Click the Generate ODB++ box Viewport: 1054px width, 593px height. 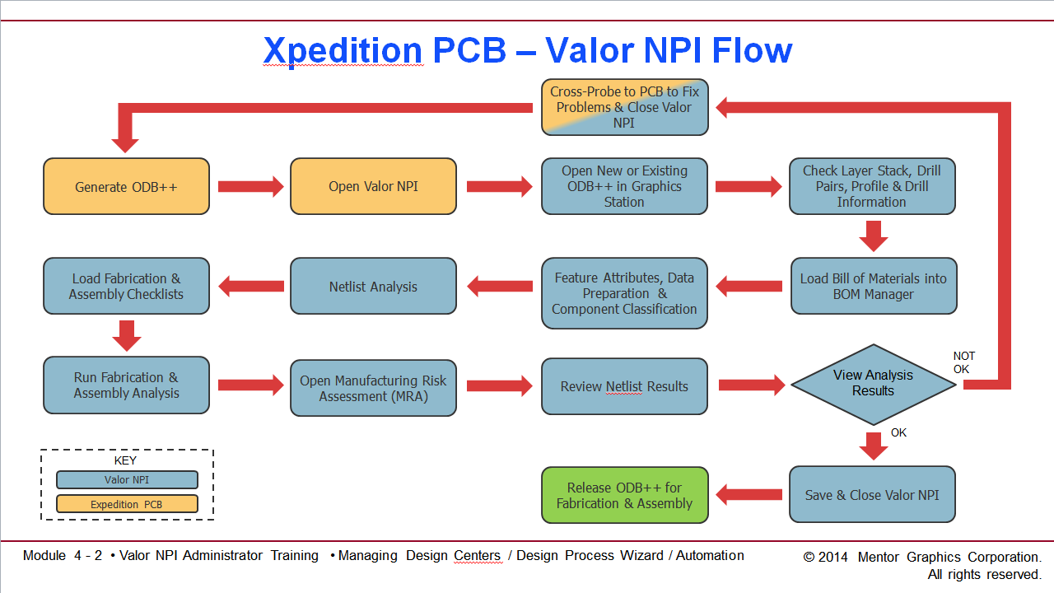(126, 187)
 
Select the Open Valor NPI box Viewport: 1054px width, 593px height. (373, 187)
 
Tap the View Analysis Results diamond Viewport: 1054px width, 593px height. (873, 383)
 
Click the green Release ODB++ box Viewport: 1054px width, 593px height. (624, 495)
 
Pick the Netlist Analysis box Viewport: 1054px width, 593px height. (373, 287)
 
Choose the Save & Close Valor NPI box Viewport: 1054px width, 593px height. (872, 495)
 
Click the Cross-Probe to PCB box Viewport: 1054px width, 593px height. (624, 107)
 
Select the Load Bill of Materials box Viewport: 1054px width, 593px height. (874, 287)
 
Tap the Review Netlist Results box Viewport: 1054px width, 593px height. (624, 386)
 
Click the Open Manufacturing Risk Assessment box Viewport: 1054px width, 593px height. (373, 388)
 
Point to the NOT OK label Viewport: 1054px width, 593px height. (963, 362)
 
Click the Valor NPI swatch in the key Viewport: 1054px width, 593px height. (127, 479)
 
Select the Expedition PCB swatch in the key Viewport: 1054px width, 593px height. (127, 504)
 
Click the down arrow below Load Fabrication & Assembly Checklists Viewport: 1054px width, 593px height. (126, 335)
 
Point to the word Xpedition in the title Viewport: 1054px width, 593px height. (343, 51)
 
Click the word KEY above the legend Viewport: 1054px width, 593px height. (125, 460)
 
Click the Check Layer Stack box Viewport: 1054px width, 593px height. (872, 186)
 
